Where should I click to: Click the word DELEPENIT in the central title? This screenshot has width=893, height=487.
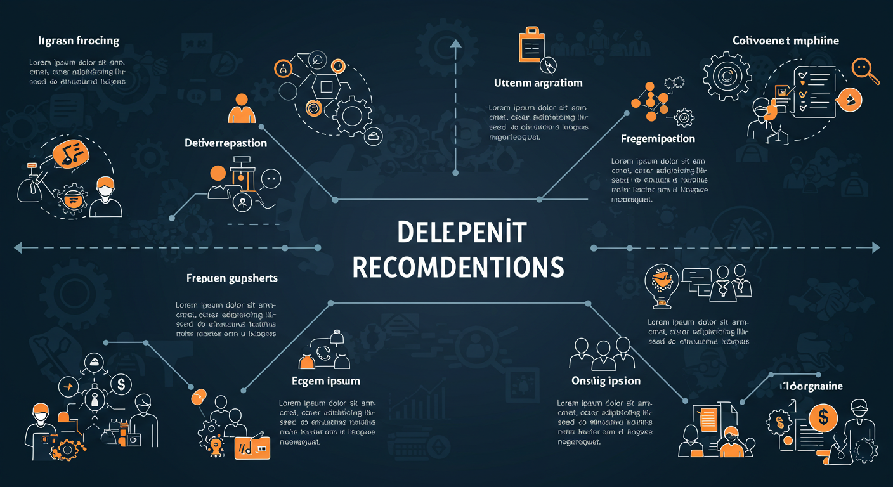pyautogui.click(x=462, y=232)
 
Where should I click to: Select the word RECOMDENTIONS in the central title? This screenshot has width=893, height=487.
pyautogui.click(x=458, y=267)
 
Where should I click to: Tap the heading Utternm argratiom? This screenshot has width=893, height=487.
pyautogui.click(x=538, y=83)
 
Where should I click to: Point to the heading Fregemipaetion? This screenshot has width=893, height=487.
pyautogui.click(x=658, y=139)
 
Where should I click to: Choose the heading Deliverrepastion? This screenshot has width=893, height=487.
pyautogui.click(x=226, y=143)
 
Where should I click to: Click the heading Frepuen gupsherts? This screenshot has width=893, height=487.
pyautogui.click(x=232, y=278)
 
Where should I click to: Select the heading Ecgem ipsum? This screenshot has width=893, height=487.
pyautogui.click(x=326, y=381)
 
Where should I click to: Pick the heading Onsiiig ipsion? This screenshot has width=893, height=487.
pyautogui.click(x=606, y=381)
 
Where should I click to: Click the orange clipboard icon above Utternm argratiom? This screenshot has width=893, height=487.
pyautogui.click(x=532, y=46)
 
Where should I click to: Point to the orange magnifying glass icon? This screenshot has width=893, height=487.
pyautogui.click(x=864, y=69)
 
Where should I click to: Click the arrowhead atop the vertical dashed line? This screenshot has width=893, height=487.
pyautogui.click(x=455, y=43)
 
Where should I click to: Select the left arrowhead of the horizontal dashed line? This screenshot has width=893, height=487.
pyautogui.click(x=18, y=247)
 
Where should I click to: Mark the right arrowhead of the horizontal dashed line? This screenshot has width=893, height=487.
pyautogui.click(x=876, y=247)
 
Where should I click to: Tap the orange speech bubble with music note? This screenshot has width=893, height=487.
pyautogui.click(x=70, y=152)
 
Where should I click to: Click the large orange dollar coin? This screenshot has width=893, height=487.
pyautogui.click(x=824, y=417)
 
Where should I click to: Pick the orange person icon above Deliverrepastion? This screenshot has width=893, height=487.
pyautogui.click(x=241, y=109)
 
